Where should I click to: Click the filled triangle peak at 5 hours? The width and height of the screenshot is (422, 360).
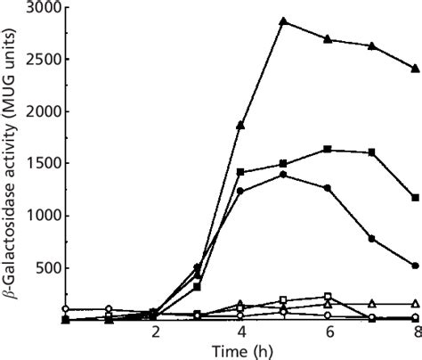[x=284, y=21]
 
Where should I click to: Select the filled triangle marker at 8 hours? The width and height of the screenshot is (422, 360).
[x=415, y=68]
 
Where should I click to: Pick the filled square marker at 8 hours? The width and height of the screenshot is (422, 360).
[x=415, y=198]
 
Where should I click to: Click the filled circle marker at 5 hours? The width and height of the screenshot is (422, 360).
[x=284, y=175]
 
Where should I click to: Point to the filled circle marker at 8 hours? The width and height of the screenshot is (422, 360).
[x=415, y=266]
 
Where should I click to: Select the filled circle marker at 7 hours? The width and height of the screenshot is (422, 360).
[x=371, y=239]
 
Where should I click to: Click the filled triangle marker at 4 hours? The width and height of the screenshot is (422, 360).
[x=240, y=125]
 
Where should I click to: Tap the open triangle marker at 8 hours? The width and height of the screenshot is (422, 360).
[x=415, y=304]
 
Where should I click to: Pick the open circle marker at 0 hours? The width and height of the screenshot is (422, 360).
[x=66, y=308]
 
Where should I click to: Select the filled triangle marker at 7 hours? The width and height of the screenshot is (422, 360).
[x=371, y=46]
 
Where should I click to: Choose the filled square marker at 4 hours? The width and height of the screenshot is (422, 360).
[x=240, y=172]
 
